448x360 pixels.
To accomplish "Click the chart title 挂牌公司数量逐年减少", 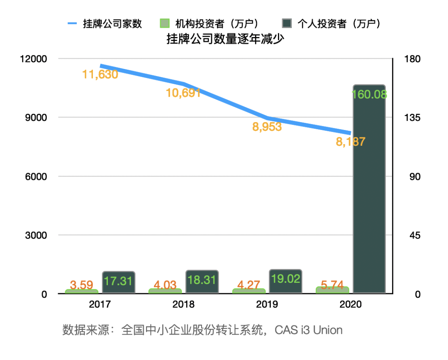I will pos(224,39).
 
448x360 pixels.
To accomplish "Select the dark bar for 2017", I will pos(119,283).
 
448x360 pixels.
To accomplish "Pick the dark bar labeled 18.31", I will pos(202,282).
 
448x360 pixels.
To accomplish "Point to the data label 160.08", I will pos(369,94).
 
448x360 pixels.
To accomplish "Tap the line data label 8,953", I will pos(267,127).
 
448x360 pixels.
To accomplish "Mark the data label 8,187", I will pos(351,142).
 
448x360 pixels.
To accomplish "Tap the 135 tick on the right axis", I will pos(412,118).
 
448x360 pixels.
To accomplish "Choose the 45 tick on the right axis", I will pos(412,235).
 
